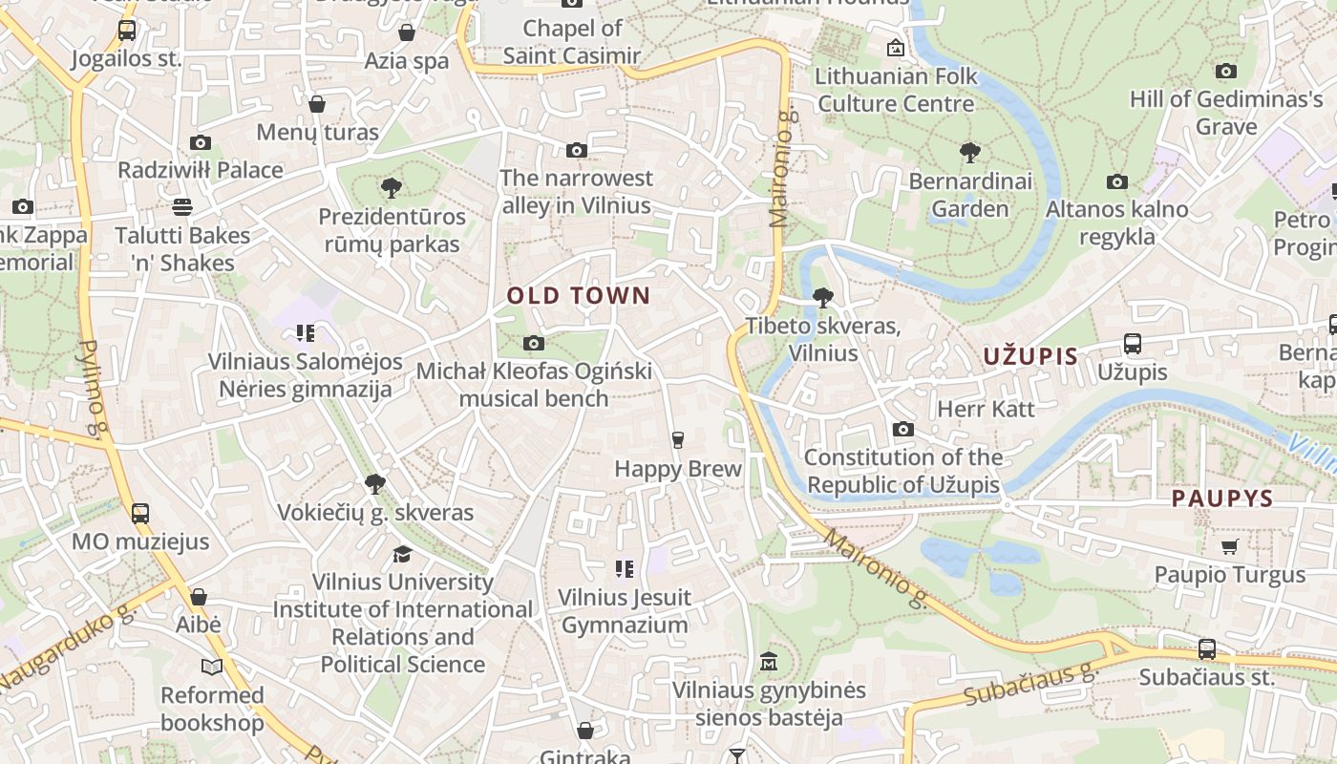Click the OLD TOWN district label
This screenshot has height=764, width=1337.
(x=578, y=296)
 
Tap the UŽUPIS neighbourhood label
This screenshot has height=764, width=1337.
(x=1030, y=357)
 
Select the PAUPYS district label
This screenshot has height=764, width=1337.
(x=1222, y=499)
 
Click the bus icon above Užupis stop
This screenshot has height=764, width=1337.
(x=1133, y=344)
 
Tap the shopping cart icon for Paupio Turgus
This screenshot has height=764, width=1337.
(x=1229, y=546)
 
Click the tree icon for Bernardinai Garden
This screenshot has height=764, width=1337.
(x=970, y=152)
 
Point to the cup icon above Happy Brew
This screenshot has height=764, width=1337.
(x=678, y=439)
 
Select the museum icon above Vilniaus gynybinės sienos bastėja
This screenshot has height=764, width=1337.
(x=769, y=661)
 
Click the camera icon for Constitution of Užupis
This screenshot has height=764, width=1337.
(x=903, y=430)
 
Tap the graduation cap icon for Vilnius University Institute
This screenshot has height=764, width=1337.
(x=403, y=554)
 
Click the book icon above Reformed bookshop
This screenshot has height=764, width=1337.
(x=212, y=667)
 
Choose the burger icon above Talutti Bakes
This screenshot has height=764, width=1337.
(x=182, y=207)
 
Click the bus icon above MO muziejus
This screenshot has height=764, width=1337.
(x=140, y=513)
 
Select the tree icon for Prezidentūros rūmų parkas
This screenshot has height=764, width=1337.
(x=391, y=188)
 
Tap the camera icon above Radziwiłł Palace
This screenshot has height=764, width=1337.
(x=201, y=143)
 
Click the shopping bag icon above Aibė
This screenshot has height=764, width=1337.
(x=199, y=597)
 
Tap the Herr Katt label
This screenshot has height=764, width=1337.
(x=987, y=409)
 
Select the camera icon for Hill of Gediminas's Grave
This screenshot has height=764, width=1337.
(x=1226, y=72)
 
